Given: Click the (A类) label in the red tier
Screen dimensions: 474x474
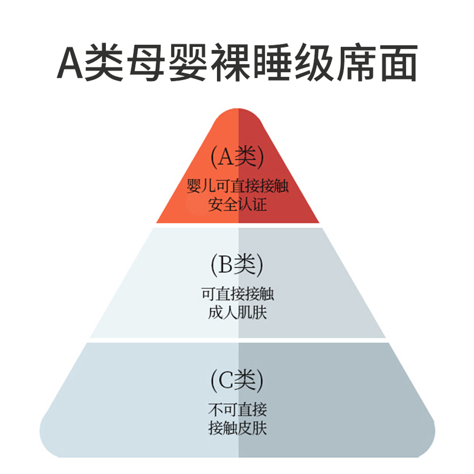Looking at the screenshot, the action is pyautogui.click(x=237, y=157).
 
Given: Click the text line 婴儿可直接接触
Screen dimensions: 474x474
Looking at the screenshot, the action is pyautogui.click(x=237, y=186).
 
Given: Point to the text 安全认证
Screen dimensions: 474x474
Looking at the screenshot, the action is pyautogui.click(x=237, y=205).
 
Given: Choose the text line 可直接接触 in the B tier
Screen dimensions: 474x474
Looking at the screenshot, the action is pyautogui.click(x=237, y=294).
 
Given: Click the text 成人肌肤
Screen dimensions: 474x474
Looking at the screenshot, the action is pyautogui.click(x=237, y=312).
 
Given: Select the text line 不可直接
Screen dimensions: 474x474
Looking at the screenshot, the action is pyautogui.click(x=237, y=410).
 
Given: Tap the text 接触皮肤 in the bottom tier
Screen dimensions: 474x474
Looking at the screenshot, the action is pyautogui.click(x=237, y=428).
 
